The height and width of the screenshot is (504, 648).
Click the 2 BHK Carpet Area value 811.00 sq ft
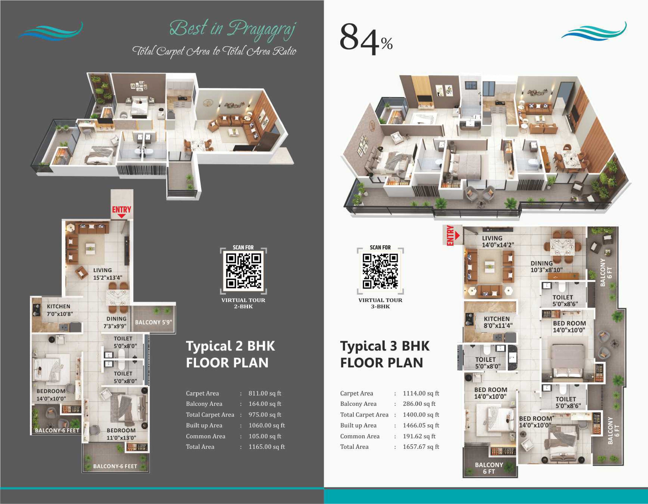(265, 393)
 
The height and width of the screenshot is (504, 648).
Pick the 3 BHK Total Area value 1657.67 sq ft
(421, 447)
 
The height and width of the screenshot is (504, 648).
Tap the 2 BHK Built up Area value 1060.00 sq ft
(266, 425)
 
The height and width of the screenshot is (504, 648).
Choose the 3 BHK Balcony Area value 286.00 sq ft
(419, 404)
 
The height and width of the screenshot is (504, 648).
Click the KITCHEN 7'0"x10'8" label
(60, 310)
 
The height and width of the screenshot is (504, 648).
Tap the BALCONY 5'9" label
(153, 322)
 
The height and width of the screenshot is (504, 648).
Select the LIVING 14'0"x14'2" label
(498, 241)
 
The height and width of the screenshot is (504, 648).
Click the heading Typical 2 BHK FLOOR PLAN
(230, 354)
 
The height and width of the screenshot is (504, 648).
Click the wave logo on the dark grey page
(50, 31)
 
